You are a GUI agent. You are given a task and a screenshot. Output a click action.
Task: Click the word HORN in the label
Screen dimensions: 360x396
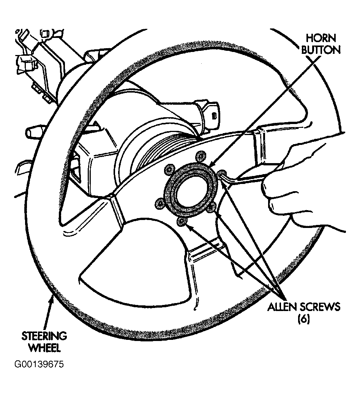321,38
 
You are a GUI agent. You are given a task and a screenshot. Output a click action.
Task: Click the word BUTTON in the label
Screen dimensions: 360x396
321,50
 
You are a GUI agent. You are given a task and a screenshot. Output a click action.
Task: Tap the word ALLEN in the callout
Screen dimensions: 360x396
282,307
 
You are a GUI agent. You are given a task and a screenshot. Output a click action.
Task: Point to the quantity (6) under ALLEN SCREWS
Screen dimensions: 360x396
304,319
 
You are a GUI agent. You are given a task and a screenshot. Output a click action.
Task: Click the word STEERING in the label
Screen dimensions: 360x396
44,336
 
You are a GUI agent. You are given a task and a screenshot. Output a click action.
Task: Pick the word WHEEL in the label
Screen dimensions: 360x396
44,348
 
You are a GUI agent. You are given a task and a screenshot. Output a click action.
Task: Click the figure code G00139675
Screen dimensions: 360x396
39,365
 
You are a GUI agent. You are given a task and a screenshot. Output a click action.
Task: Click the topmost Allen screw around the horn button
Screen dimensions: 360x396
201,156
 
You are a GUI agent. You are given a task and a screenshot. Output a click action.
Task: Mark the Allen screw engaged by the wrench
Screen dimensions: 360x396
221,173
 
